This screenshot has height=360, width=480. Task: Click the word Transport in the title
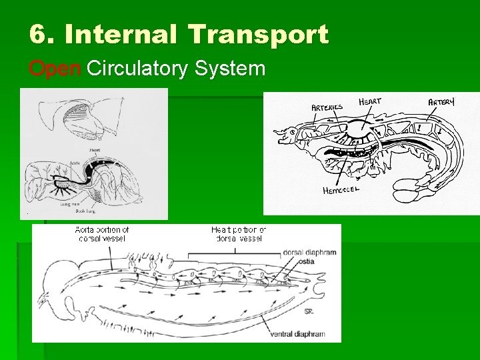tap(259, 34)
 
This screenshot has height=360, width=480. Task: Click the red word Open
tap(55, 68)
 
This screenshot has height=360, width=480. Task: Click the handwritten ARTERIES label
tap(327, 106)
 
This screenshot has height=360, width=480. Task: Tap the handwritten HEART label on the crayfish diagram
tap(370, 101)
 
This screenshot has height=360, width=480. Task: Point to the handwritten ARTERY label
tap(441, 102)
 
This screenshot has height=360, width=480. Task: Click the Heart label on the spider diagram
tap(85, 151)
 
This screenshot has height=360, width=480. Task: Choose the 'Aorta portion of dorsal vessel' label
tap(102, 234)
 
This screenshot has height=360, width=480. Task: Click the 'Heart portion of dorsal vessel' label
tap(239, 234)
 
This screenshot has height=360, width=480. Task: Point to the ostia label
tap(306, 261)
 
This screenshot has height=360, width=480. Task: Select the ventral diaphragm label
tap(297, 333)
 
